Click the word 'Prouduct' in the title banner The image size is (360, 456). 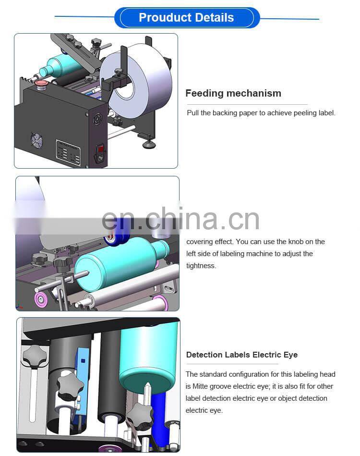(164, 18)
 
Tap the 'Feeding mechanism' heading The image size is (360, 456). (233, 93)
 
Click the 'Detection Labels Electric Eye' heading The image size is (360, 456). (241, 355)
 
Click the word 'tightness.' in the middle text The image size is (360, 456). (201, 266)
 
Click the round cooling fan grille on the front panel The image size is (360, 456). (36, 140)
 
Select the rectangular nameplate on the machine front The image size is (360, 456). (68, 152)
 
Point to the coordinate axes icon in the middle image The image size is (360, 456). (20, 305)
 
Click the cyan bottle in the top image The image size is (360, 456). (60, 66)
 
